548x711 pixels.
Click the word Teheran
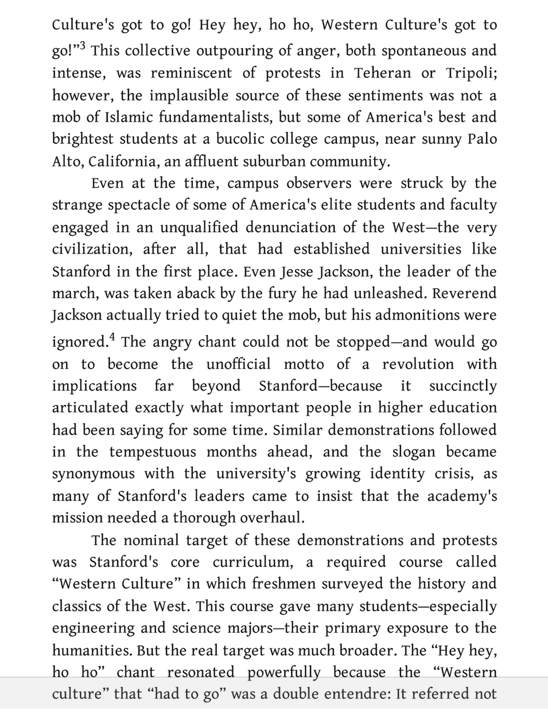(382, 73)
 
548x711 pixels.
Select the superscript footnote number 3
(82, 46)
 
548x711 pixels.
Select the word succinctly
(463, 386)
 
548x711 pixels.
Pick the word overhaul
(271, 518)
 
